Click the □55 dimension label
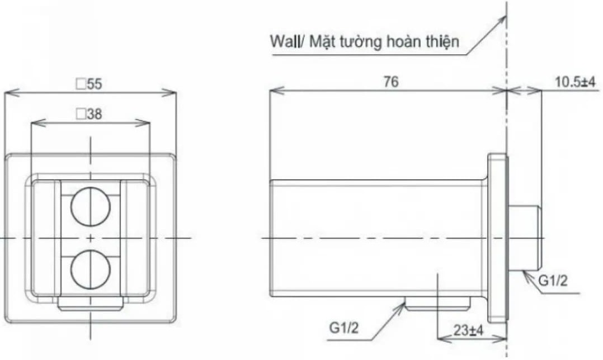pos(89,84)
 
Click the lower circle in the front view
pos(87,269)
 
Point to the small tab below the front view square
pos(91,304)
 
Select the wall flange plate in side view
pos(497,238)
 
